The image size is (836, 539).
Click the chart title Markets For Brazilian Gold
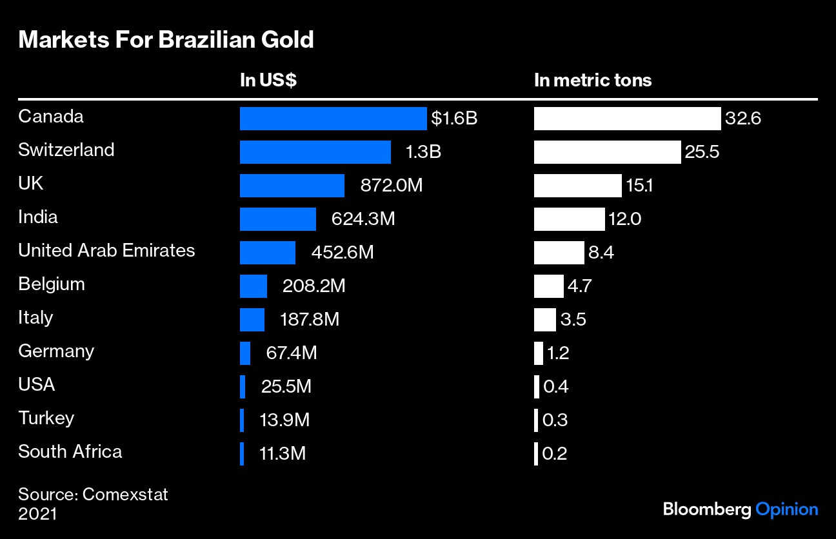(166, 40)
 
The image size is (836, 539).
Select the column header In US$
(268, 81)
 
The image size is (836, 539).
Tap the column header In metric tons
(593, 81)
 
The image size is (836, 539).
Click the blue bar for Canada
(333, 119)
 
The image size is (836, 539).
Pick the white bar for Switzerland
(607, 152)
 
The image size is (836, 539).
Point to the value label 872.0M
(392, 186)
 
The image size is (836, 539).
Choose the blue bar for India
(278, 219)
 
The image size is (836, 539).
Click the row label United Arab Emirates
(106, 250)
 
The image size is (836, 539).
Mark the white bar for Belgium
(548, 286)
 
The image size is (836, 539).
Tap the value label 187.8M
(310, 320)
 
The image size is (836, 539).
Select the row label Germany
(56, 351)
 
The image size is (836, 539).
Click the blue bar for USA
(243, 387)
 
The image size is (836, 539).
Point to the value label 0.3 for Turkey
(555, 420)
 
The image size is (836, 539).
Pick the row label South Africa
(70, 451)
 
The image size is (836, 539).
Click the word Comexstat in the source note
(125, 495)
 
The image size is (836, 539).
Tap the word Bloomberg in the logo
(707, 509)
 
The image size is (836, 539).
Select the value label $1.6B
(454, 119)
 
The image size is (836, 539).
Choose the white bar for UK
(577, 186)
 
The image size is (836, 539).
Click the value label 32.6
(742, 119)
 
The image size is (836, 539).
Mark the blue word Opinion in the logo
(786, 509)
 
